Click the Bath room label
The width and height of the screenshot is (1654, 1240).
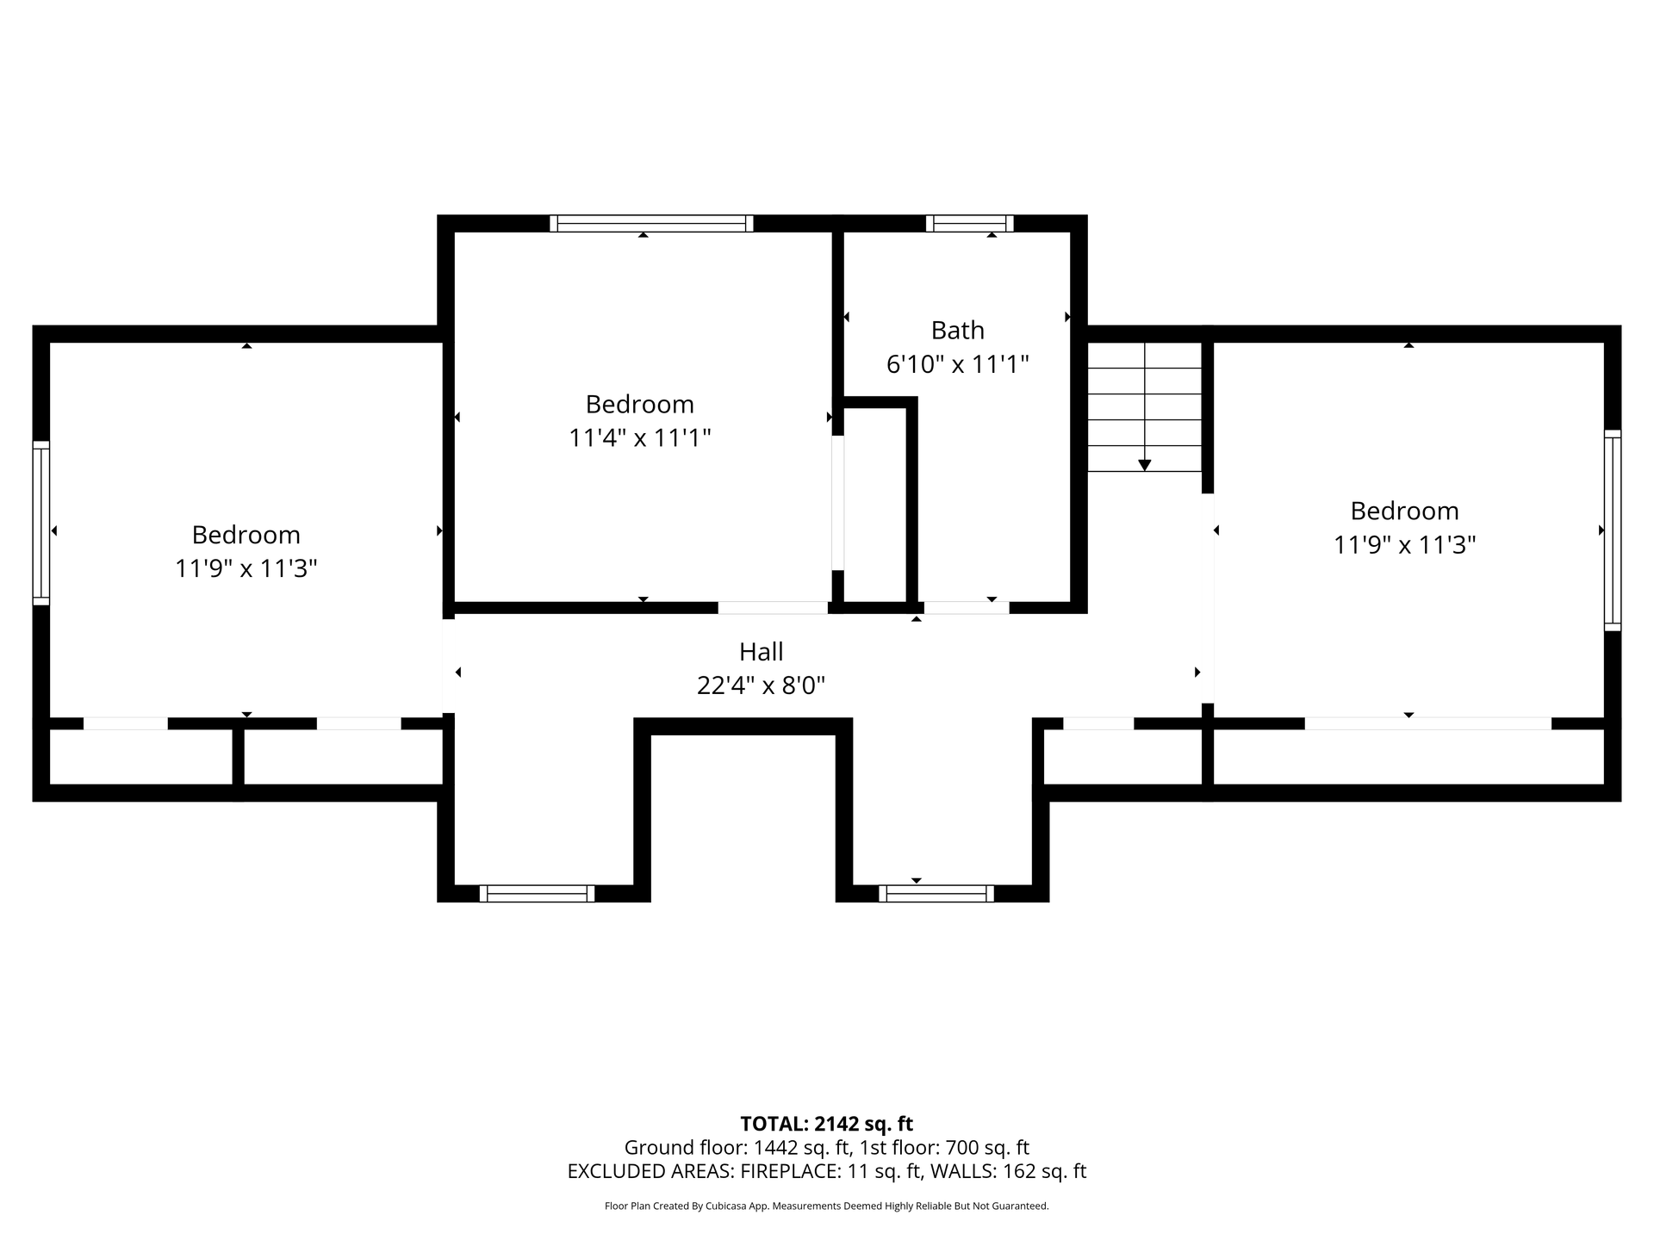coord(957,330)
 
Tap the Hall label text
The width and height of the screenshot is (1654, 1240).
coord(762,651)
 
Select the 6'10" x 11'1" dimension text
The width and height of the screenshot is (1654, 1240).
coord(958,364)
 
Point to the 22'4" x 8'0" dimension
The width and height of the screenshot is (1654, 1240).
coord(762,685)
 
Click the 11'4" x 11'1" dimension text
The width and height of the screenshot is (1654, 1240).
coord(640,438)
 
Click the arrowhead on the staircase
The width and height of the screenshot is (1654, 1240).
coord(1144,465)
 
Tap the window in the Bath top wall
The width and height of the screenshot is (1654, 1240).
coord(969,224)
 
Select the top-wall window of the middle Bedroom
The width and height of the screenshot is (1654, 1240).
coord(651,224)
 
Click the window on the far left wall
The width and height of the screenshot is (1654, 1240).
coord(40,523)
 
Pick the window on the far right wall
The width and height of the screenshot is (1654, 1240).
coord(1612,530)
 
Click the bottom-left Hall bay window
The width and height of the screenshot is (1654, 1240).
coord(537,894)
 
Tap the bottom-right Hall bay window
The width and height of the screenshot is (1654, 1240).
coord(936,894)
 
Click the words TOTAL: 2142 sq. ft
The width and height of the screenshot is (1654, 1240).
coord(827,1124)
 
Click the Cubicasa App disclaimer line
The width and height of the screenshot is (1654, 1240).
coord(827,1206)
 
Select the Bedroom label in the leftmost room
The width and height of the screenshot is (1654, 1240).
coord(246,535)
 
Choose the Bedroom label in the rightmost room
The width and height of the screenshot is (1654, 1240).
coord(1404,511)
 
